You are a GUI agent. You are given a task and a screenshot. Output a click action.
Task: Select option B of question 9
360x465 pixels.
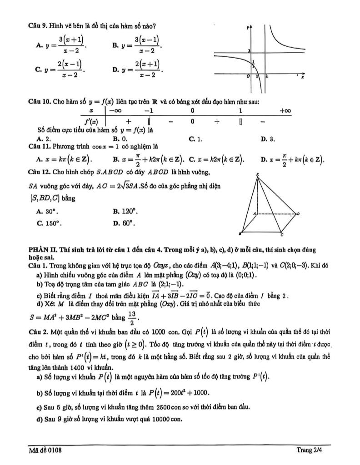136,46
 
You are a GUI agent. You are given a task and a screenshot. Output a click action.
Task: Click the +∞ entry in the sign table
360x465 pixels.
285,111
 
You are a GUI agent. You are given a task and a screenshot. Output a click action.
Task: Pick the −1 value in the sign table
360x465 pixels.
148,111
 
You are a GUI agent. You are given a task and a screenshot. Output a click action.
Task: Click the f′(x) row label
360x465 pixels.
92,121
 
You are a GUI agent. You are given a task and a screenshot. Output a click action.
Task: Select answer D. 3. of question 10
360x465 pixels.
268,139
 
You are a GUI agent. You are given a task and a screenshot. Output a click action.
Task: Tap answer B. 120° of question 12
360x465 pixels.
125,211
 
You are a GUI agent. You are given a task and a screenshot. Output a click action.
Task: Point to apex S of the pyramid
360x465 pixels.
258,174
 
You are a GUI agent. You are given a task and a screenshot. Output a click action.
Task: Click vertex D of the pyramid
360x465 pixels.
298,213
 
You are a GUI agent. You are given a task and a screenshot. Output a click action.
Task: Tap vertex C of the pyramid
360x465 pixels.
282,235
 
